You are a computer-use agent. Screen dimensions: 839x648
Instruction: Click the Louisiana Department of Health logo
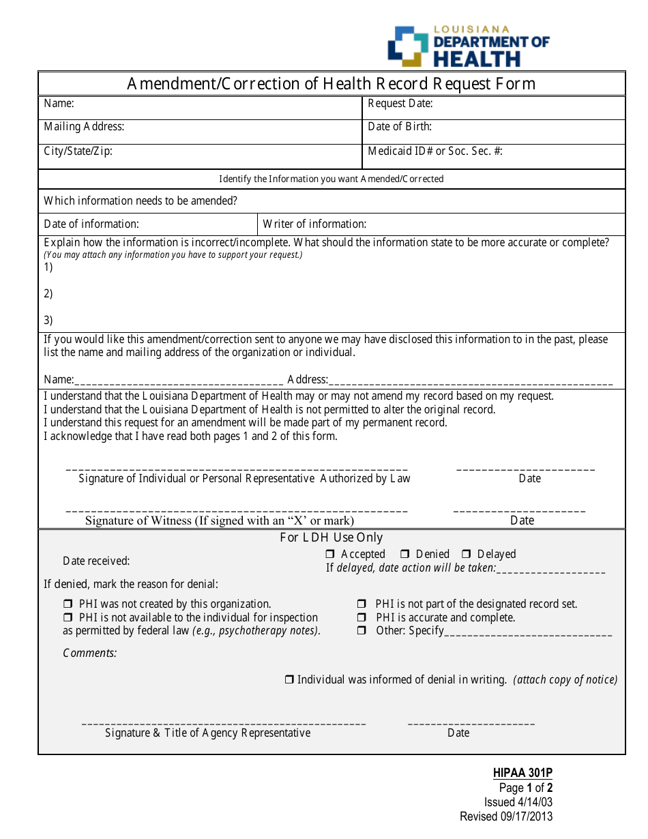coord(468,46)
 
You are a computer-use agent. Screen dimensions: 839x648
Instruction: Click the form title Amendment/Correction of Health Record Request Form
coord(332,84)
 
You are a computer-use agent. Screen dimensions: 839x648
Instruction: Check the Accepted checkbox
coord(330,555)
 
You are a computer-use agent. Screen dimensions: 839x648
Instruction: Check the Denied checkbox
coord(404,555)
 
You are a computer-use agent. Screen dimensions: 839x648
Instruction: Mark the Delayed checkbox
coord(467,555)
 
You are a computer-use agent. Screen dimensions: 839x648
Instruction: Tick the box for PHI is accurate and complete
coord(362,618)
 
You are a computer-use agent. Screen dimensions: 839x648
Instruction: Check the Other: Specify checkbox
coord(362,631)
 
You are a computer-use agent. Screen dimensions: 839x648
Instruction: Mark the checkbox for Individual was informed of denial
coord(289,680)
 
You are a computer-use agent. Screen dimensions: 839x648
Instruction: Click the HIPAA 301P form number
coord(522,773)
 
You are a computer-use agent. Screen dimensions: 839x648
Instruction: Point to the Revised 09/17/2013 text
coord(506,816)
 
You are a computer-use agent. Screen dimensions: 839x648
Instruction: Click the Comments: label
coord(90,653)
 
